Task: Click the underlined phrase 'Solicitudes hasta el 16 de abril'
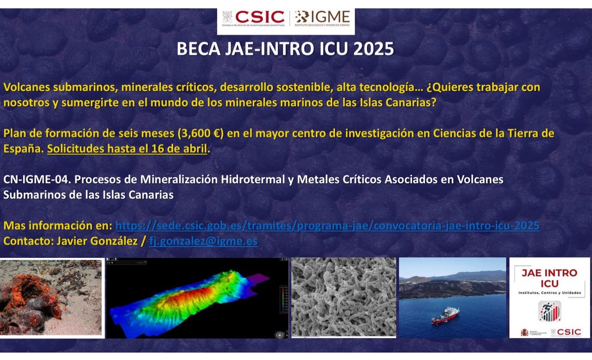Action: (x=127, y=148)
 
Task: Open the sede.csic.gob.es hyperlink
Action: (x=327, y=226)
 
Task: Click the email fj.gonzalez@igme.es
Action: (x=203, y=241)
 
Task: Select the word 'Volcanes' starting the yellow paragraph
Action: (x=23, y=88)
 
